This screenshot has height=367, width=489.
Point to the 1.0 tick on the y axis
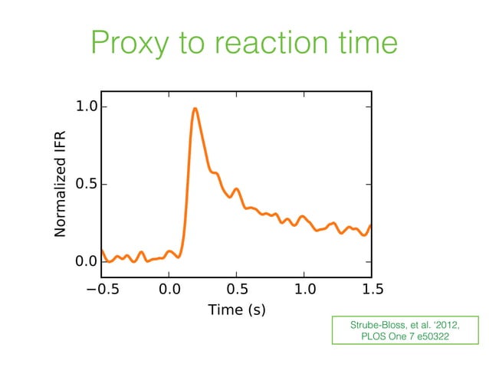click(x=86, y=106)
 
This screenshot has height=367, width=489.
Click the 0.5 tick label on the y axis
click(x=86, y=185)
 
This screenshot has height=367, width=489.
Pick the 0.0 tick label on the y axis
click(x=86, y=262)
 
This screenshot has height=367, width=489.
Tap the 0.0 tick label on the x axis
click(x=169, y=289)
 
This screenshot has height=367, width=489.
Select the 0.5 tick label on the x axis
click(x=237, y=289)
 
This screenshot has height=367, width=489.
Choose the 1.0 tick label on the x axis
click(x=304, y=289)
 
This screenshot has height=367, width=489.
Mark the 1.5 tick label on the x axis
click(x=372, y=289)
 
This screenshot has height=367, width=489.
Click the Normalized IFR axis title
click(x=61, y=184)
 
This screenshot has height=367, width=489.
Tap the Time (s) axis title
click(x=237, y=310)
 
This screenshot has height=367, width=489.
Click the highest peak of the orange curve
click(x=195, y=109)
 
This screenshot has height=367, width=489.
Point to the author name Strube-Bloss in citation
click(x=374, y=325)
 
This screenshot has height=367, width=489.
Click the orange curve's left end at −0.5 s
click(x=102, y=250)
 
